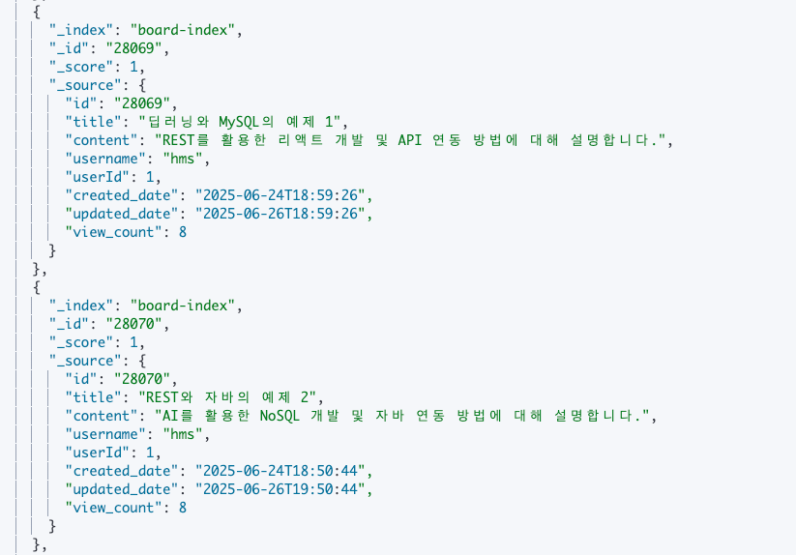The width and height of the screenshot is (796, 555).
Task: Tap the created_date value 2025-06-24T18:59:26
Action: pyautogui.click(x=280, y=195)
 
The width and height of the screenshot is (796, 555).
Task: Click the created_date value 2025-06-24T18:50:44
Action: pyautogui.click(x=280, y=471)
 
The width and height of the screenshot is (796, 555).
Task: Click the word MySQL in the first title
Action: pyautogui.click(x=239, y=122)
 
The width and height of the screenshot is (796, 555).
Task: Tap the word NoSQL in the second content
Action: pyautogui.click(x=280, y=416)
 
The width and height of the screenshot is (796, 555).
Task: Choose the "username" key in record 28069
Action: pyautogui.click(x=105, y=159)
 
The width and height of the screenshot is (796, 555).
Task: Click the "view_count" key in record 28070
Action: pyautogui.click(x=114, y=508)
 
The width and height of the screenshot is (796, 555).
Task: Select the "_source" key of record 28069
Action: pyautogui.click(x=85, y=85)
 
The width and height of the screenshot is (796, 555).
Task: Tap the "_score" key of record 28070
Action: pyautogui.click(x=81, y=342)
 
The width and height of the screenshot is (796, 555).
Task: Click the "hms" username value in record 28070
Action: pyautogui.click(x=183, y=434)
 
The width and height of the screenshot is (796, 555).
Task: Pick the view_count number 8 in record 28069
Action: pyautogui.click(x=183, y=232)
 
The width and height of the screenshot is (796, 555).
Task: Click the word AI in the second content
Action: pyautogui.click(x=170, y=416)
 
